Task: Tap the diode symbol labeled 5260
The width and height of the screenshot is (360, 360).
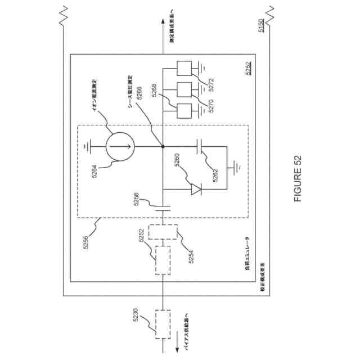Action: (195, 189)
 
